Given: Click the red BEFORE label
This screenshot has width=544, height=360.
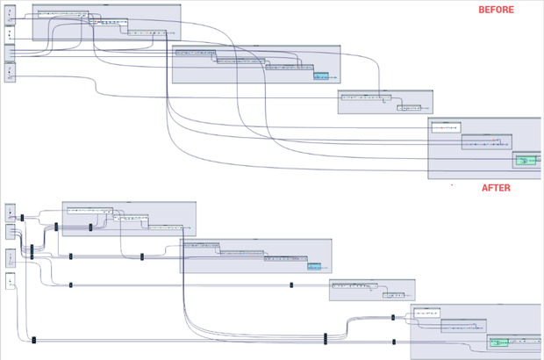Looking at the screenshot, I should (x=496, y=10).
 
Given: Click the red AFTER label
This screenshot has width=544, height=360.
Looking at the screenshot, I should (x=496, y=188).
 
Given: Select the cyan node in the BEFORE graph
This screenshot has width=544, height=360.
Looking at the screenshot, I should (x=321, y=76).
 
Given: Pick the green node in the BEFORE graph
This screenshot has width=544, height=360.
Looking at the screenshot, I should (x=526, y=161).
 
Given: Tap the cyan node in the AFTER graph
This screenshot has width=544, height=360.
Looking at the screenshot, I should (x=314, y=266).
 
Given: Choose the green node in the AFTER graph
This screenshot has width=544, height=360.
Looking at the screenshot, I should (x=499, y=342).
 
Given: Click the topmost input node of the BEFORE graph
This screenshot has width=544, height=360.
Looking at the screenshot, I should (x=10, y=15).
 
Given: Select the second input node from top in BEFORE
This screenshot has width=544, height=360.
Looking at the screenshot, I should (x=10, y=33).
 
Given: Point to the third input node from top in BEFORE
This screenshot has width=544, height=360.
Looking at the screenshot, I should (x=10, y=52).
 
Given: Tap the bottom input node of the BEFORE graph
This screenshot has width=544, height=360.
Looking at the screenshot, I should (x=10, y=72).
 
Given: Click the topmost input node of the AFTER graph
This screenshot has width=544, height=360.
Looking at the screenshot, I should (x=10, y=212).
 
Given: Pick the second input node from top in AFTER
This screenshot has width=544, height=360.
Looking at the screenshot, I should (x=10, y=232).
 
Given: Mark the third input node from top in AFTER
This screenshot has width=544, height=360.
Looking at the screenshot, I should (x=10, y=257).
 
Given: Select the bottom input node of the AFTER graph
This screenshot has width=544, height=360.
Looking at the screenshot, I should (x=10, y=281).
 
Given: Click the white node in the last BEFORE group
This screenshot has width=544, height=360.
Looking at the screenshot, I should (x=446, y=127).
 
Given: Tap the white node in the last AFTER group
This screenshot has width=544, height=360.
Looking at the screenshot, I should (x=427, y=313).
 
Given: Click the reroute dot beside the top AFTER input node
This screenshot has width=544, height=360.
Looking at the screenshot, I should (x=22, y=215).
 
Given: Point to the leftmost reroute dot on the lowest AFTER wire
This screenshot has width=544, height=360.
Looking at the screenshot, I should (x=34, y=340).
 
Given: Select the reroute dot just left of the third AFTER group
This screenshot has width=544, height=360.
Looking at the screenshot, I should (x=291, y=284).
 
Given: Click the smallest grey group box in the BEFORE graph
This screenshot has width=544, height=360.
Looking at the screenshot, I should (x=385, y=102).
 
